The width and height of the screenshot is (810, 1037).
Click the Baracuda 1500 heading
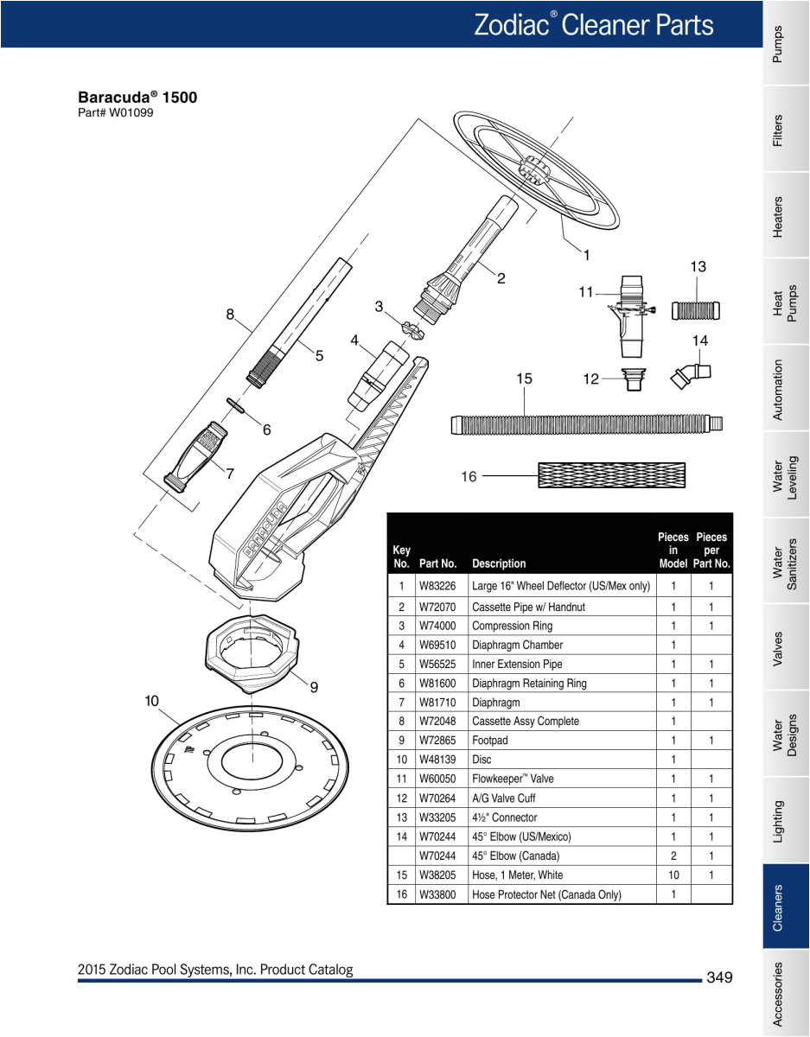(137, 97)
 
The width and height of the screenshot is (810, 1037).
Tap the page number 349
(718, 977)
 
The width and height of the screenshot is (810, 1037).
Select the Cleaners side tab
(778, 907)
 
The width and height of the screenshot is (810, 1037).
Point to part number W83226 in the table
(437, 586)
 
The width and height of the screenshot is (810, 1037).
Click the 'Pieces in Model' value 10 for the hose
(673, 875)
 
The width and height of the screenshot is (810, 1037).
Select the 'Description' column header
(499, 563)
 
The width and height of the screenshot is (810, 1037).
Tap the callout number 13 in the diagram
(698, 267)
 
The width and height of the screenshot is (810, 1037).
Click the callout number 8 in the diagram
(231, 315)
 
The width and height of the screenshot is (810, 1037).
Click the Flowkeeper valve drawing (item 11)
(632, 316)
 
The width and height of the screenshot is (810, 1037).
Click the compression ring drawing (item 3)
(413, 328)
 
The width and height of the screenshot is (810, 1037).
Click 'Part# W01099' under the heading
(116, 113)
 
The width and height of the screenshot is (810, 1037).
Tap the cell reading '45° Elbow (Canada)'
(516, 856)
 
